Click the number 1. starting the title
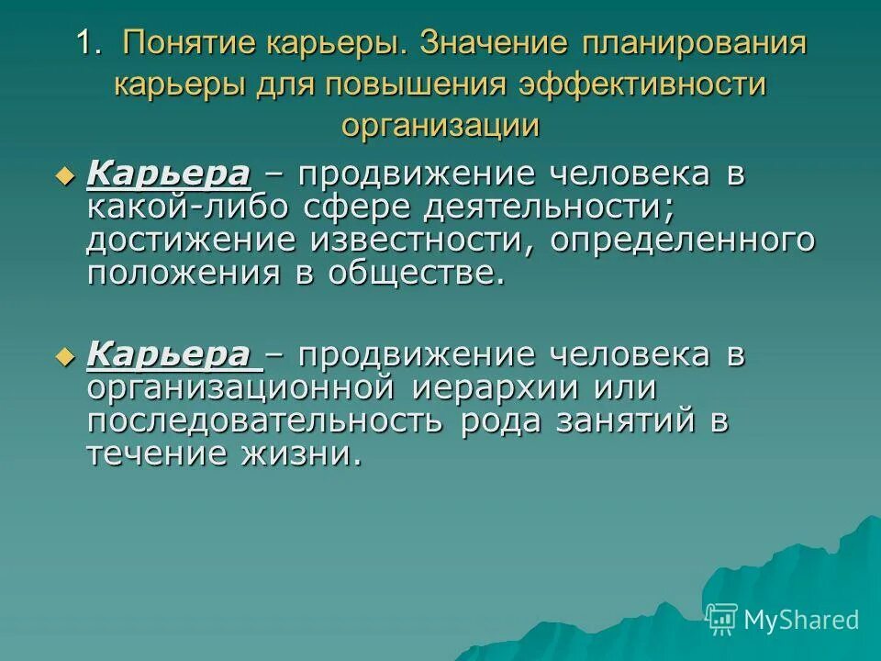pos(89,44)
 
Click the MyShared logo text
pos(801,620)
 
